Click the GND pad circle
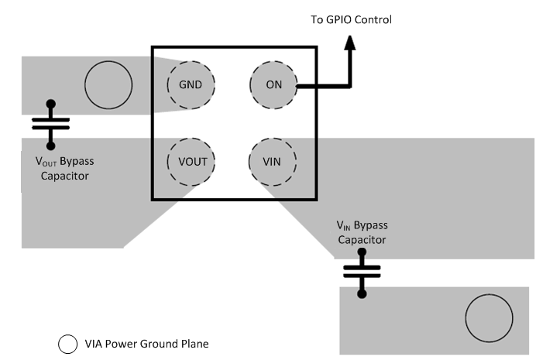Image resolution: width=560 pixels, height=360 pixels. (191, 84)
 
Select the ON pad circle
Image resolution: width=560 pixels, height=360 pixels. (273, 84)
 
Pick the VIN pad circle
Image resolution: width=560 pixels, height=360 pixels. (273, 162)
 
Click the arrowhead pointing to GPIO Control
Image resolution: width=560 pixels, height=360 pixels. (350, 46)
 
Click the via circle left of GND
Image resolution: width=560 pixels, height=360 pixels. (108, 85)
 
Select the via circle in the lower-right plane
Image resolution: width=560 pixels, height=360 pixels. (489, 319)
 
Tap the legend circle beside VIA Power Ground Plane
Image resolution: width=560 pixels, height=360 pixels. (67, 344)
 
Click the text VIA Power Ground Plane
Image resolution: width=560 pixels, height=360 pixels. (146, 344)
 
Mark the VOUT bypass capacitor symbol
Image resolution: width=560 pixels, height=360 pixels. (51, 124)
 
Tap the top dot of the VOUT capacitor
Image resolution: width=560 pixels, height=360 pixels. (51, 103)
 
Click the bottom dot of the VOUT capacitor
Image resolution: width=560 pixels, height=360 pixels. (51, 145)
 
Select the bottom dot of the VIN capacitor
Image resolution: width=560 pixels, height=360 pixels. (362, 293)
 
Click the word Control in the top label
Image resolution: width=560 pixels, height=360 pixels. (373, 19)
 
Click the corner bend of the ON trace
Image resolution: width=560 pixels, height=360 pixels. (350, 84)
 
